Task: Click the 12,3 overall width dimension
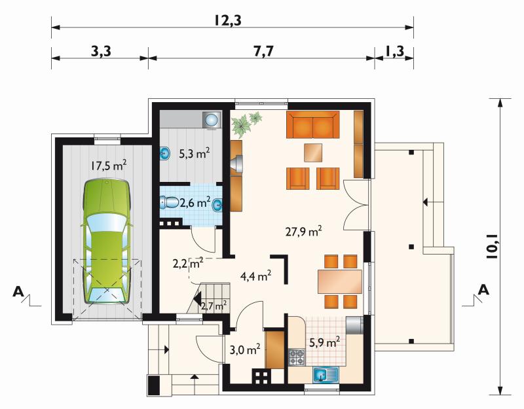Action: (x=228, y=21)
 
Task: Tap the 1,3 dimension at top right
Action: (x=395, y=52)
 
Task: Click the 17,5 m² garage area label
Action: (x=109, y=166)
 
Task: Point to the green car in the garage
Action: (x=105, y=241)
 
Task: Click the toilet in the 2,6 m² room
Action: (x=170, y=202)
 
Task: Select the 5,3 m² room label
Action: (x=194, y=154)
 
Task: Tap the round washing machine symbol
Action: (x=211, y=119)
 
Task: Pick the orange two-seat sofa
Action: (x=313, y=124)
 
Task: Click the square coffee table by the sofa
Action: (x=313, y=152)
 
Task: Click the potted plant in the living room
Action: (x=246, y=124)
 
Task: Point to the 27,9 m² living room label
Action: (x=303, y=232)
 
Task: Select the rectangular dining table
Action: (x=340, y=281)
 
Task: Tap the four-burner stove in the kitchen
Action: (x=297, y=357)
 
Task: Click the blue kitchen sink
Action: (x=326, y=374)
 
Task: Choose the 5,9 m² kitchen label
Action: (x=324, y=342)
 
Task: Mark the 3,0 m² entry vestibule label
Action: (x=245, y=349)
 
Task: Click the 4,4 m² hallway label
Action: (x=255, y=276)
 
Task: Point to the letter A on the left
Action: (x=18, y=291)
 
